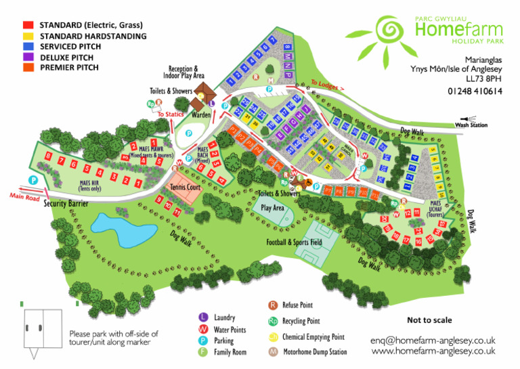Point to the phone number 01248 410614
(x=475, y=91)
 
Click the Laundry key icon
(x=202, y=317)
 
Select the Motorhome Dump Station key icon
(x=273, y=351)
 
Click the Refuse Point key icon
(x=273, y=305)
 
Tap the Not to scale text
(x=429, y=320)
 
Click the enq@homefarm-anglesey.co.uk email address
(x=433, y=340)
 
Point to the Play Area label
(x=273, y=208)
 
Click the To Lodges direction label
(x=327, y=86)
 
